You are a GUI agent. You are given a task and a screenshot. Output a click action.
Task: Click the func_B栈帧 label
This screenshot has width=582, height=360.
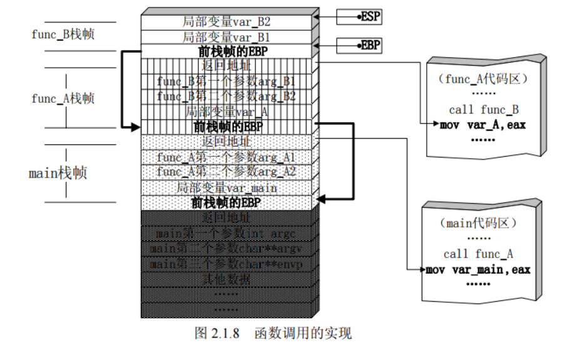point(63,34)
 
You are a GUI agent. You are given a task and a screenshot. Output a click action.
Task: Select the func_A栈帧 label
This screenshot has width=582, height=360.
point(63,98)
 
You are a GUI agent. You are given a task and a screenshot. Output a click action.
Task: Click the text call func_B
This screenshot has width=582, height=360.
point(484,110)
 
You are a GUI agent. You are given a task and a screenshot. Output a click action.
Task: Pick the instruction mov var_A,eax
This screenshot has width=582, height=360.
point(482,125)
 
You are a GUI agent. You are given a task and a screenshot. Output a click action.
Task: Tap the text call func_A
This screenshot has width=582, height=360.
point(478,254)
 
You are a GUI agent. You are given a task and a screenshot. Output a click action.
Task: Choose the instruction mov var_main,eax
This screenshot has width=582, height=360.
point(478,270)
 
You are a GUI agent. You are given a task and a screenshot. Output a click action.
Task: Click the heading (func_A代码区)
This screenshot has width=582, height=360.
point(483,79)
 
